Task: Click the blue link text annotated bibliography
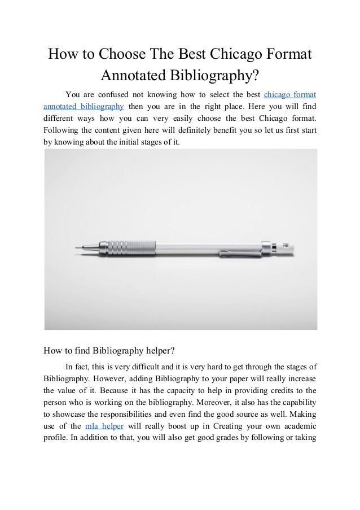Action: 84,106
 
